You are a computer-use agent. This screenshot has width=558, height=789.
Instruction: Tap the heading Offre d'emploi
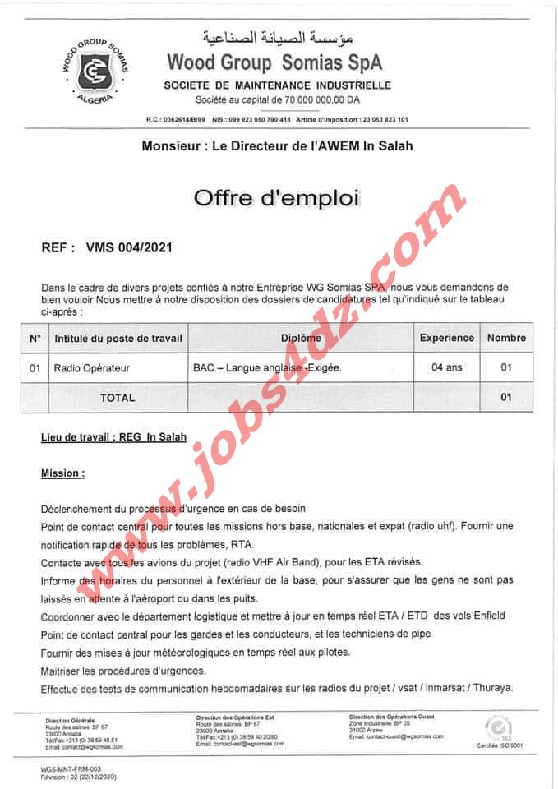point(276,198)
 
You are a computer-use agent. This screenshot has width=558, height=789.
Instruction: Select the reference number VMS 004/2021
point(129,246)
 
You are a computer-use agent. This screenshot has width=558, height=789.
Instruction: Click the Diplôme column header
point(301,338)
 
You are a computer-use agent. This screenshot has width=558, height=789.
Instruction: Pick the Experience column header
point(446,338)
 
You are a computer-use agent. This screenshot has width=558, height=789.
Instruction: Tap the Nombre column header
point(505,338)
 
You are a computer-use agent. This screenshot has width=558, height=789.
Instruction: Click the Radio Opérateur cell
point(91,367)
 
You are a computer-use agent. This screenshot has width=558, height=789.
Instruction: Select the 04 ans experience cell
point(446,367)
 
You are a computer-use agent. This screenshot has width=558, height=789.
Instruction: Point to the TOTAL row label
point(117,397)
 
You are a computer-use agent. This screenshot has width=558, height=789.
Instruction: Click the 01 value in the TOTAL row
point(505,397)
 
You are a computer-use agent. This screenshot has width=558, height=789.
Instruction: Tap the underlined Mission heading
point(62,473)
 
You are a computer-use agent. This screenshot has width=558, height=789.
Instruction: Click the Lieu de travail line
point(113,437)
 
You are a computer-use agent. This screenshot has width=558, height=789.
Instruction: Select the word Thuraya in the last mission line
point(493,687)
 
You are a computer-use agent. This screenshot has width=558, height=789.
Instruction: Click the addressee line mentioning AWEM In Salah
point(277,146)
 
